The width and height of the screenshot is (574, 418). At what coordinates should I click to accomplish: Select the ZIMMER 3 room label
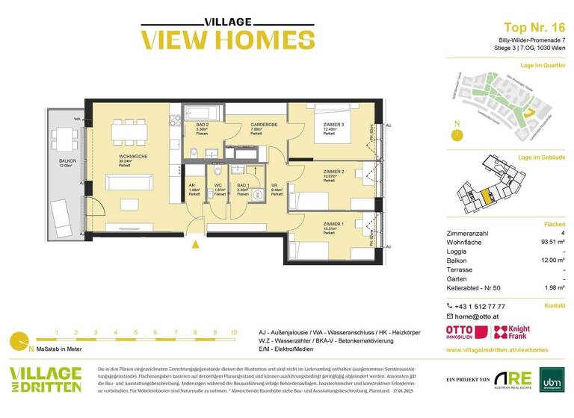pyautogui.click(x=333, y=125)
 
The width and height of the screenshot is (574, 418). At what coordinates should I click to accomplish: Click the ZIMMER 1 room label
pyautogui.click(x=333, y=225)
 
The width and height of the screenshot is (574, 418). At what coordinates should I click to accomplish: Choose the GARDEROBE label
pyautogui.click(x=261, y=125)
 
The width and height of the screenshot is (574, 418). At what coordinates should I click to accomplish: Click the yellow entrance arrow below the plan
pyautogui.click(x=197, y=243)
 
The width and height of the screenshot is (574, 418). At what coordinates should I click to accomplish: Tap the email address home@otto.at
pyautogui.click(x=481, y=316)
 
